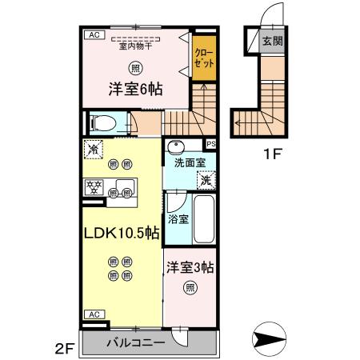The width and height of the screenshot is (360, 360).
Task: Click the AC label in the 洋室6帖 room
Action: tap(94, 35)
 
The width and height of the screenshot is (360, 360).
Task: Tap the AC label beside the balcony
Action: tap(94, 314)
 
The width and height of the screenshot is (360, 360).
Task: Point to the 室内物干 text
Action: tap(135, 46)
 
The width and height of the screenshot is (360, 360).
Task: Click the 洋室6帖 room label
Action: tap(135, 90)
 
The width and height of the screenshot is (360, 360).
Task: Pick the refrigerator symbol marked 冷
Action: tap(94, 149)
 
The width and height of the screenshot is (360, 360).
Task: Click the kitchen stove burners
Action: tap(94, 189)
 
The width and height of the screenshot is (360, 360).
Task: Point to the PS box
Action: tap(211, 144)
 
